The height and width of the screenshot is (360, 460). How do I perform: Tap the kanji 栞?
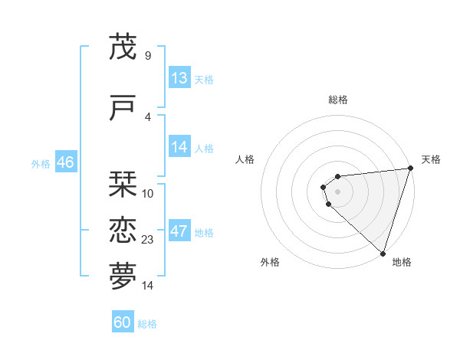click(123, 185)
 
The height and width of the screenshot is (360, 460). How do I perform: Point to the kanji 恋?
click(123, 231)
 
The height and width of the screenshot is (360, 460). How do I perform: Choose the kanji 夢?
click(123, 277)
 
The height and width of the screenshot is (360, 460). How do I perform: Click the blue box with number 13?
click(179, 78)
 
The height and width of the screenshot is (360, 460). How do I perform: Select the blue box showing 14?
click(179, 147)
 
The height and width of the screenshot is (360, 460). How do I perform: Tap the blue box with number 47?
click(179, 232)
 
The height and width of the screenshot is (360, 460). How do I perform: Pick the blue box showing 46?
click(65, 162)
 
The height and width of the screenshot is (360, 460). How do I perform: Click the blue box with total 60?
click(123, 322)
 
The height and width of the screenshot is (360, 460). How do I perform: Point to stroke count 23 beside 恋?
click(148, 240)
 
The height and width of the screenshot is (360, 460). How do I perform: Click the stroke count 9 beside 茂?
click(147, 55)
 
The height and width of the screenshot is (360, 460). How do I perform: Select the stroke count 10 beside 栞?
click(148, 193)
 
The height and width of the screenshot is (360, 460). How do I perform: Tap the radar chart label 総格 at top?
click(338, 100)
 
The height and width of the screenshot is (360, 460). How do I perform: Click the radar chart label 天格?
click(431, 159)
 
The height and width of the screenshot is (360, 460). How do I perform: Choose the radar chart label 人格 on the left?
click(245, 159)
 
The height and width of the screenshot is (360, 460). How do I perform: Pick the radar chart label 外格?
click(270, 262)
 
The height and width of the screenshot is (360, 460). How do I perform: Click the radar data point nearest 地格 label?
click(383, 253)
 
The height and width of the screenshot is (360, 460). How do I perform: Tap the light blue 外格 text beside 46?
click(41, 163)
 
